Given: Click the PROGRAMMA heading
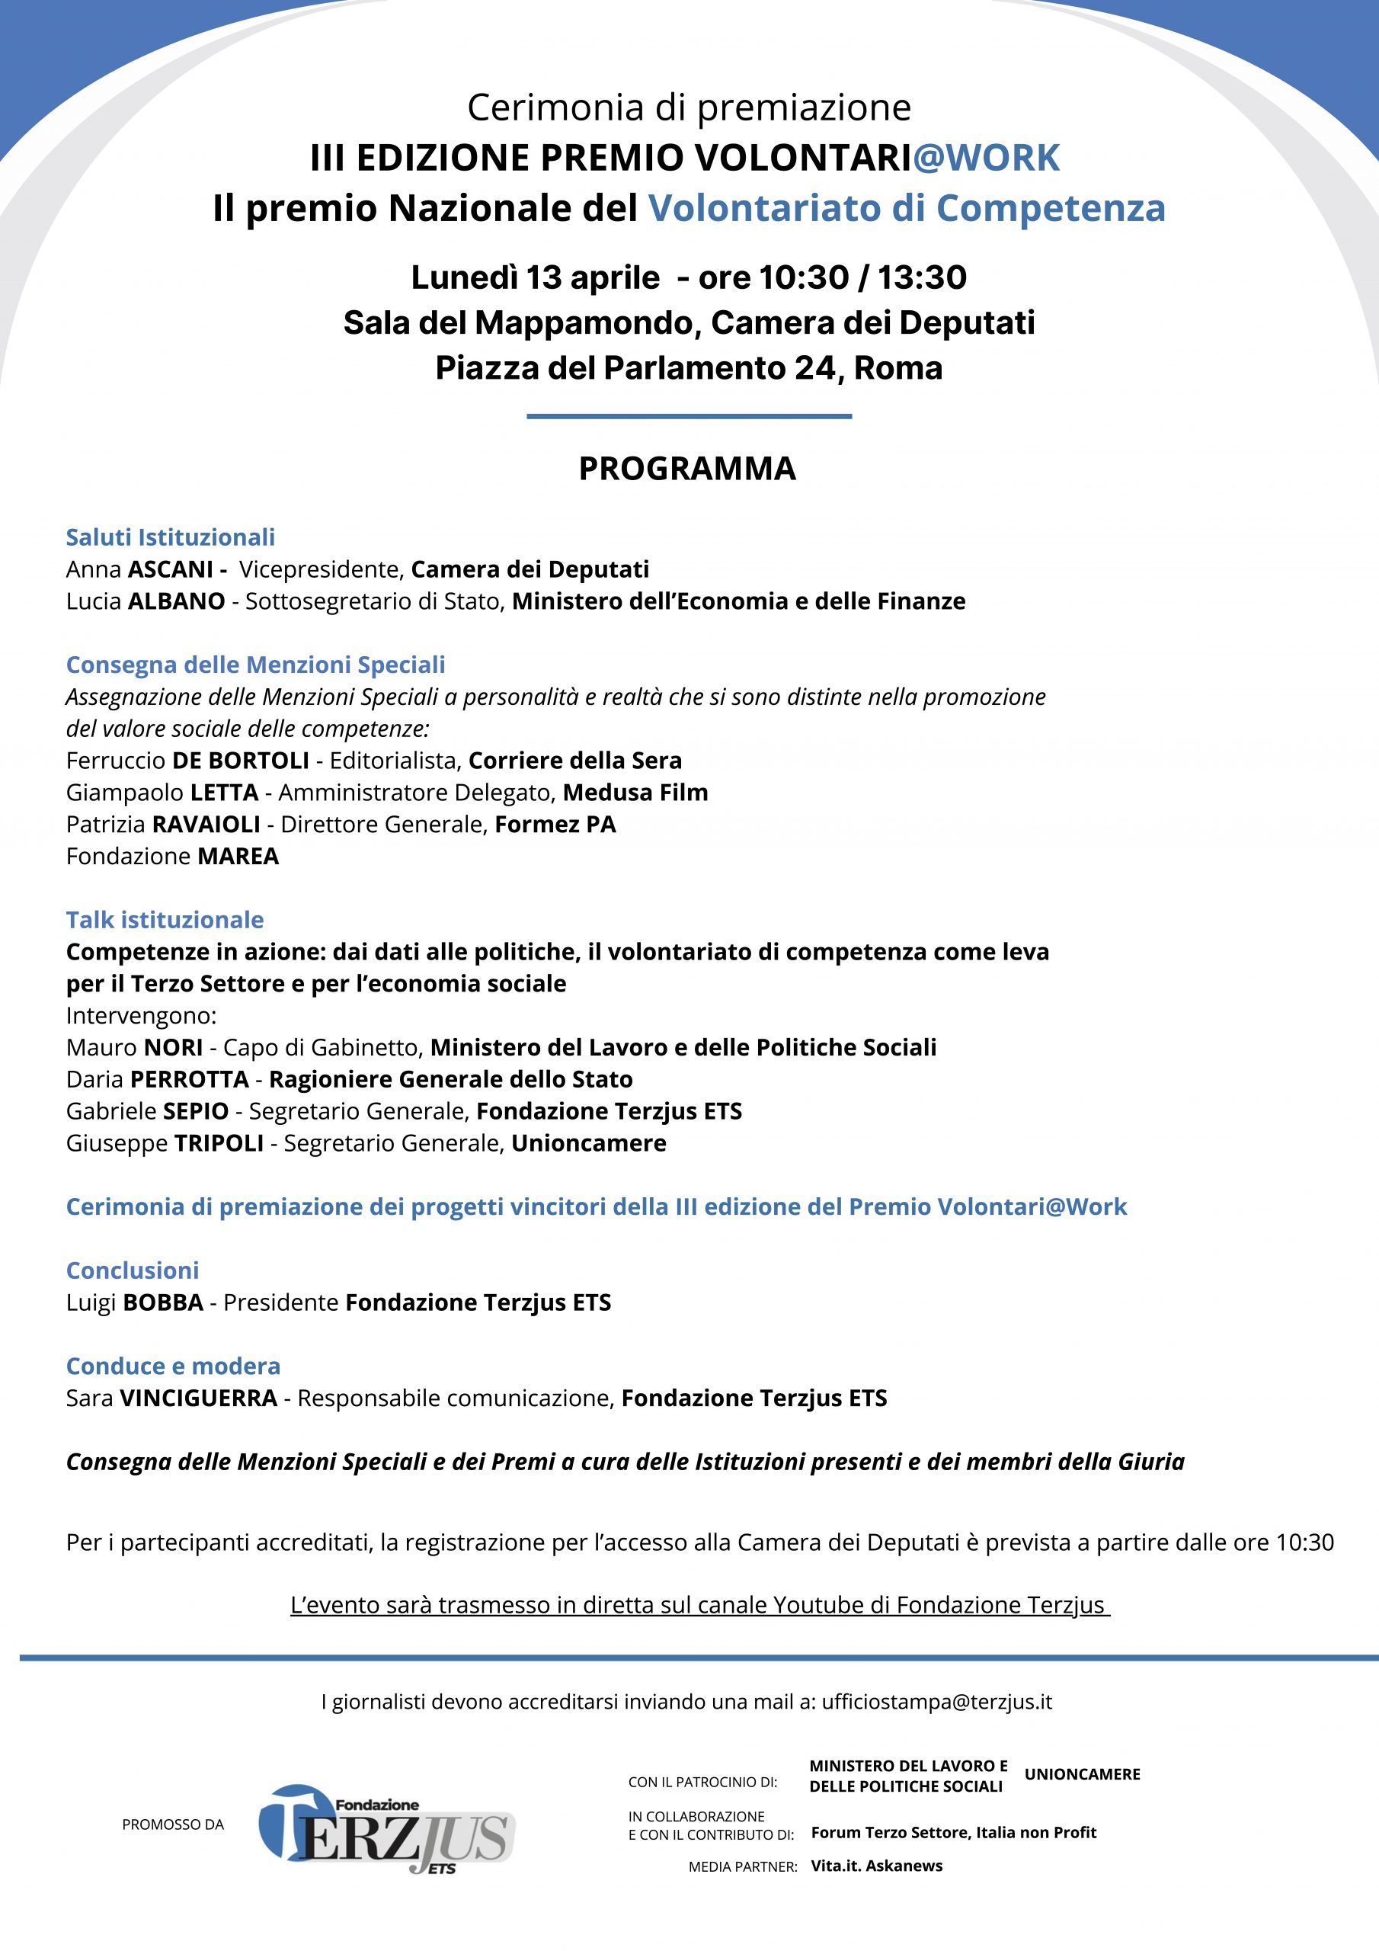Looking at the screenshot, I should [686, 469].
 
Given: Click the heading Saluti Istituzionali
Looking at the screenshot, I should [171, 537].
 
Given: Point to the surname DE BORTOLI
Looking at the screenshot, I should [241, 761].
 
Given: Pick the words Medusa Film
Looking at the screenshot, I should [635, 793].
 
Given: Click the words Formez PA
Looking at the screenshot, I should [555, 825].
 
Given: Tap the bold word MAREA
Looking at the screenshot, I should [238, 857].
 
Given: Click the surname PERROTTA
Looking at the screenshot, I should [189, 1079].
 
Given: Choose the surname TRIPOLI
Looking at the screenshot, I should [219, 1143].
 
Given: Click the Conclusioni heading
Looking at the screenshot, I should [133, 1270].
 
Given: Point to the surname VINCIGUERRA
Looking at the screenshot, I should [198, 1398].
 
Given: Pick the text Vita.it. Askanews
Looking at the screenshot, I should [876, 1866].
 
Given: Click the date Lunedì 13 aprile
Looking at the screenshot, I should [536, 278].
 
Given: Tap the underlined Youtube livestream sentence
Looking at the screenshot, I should [700, 1605].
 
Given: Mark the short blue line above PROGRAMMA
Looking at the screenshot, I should [689, 416].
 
